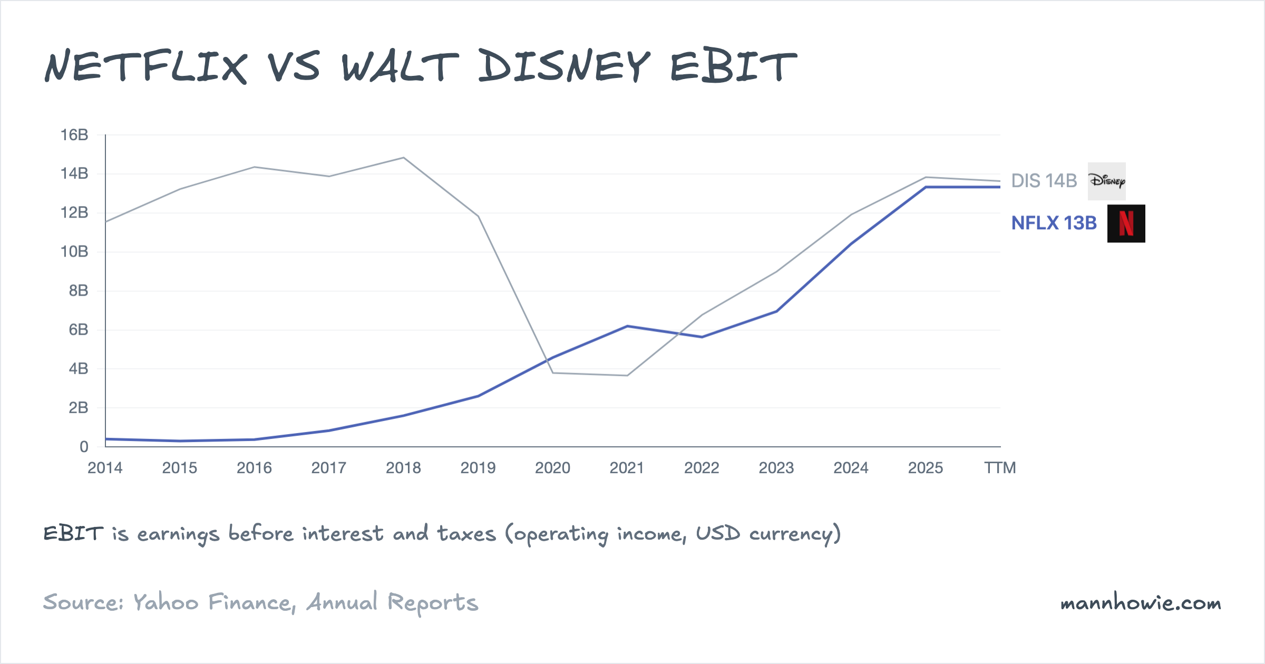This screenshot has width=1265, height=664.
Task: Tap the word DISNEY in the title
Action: coord(564,66)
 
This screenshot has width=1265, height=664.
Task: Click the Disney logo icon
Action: coord(1106,181)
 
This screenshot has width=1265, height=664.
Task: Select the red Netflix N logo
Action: coord(1126,223)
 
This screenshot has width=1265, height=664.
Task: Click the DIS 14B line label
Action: coord(1044,181)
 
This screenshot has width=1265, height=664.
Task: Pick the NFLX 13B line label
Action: coord(1054,223)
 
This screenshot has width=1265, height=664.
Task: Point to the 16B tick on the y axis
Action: coord(74,135)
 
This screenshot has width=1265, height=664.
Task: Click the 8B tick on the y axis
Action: coord(78,290)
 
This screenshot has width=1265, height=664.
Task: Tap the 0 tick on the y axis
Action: coord(84,447)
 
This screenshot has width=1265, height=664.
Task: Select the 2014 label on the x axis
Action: coord(105,468)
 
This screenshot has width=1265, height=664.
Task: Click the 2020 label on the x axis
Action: coord(552,468)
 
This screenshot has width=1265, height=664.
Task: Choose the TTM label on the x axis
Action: coord(1000,468)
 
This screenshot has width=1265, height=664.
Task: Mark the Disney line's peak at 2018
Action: coord(404,158)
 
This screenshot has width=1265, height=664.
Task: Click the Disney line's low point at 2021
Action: coord(627,375)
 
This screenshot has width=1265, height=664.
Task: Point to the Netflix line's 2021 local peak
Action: coord(627,326)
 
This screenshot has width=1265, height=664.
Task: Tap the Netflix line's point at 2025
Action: coord(926,187)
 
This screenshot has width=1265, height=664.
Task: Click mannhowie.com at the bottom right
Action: coord(1141,603)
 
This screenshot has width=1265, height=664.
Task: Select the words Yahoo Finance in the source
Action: coord(212,602)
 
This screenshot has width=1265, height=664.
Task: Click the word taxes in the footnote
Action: coord(466,534)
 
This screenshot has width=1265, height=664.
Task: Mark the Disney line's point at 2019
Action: coord(478,216)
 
